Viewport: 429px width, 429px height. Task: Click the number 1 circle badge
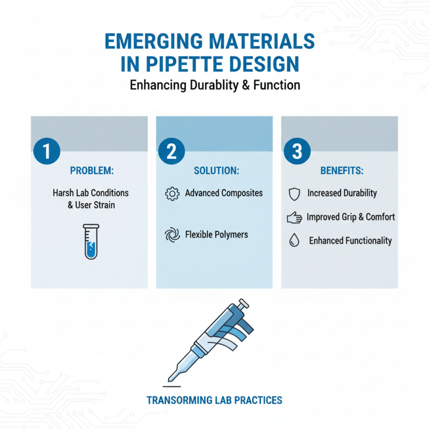pyautogui.click(x=47, y=152)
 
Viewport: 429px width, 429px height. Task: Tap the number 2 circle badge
pyautogui.click(x=172, y=152)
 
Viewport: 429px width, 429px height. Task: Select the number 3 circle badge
pyautogui.click(x=297, y=152)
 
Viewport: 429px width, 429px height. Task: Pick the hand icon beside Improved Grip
pyautogui.click(x=294, y=217)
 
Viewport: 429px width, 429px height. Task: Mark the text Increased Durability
pyautogui.click(x=342, y=193)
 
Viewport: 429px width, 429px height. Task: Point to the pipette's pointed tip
pyautogui.click(x=171, y=378)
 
